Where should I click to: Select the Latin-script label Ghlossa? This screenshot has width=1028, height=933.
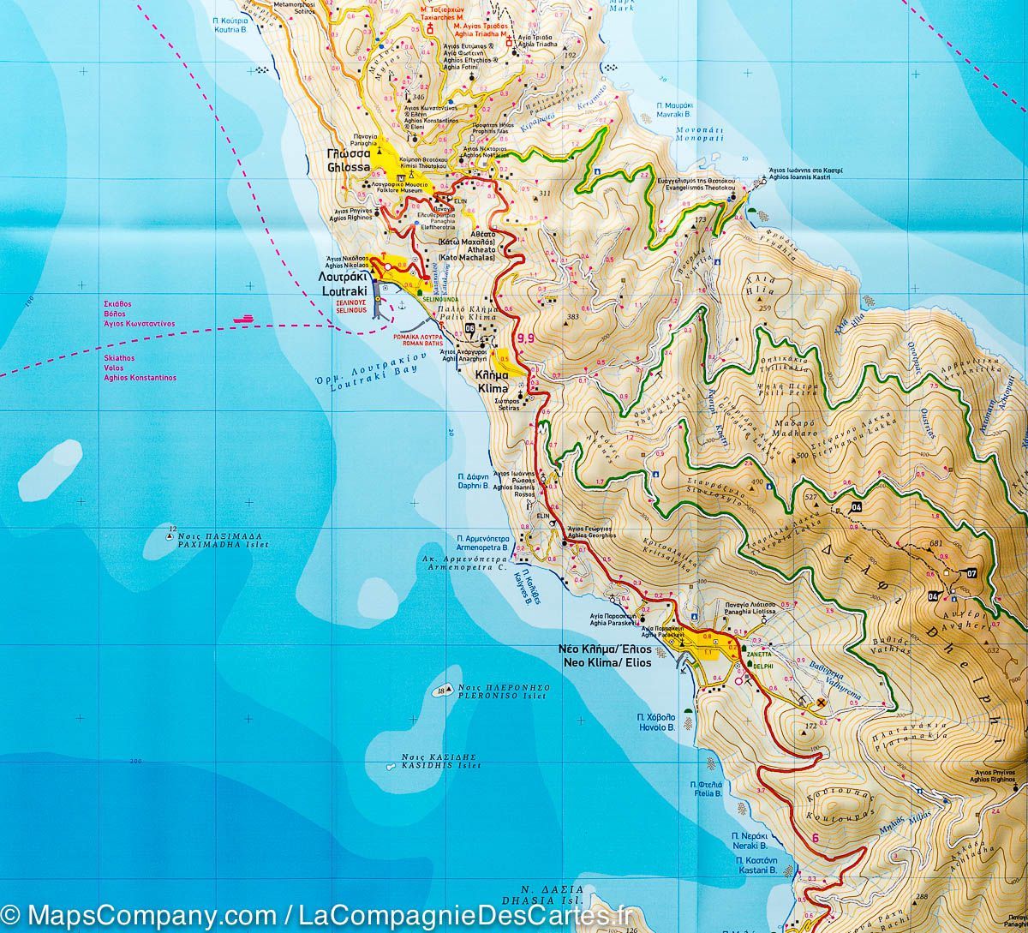pyautogui.click(x=348, y=168)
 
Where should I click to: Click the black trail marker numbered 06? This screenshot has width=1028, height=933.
pyautogui.click(x=469, y=328)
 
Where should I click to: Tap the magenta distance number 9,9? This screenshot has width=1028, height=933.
pyautogui.click(x=524, y=338)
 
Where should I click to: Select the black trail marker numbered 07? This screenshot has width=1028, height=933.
pyautogui.click(x=970, y=572)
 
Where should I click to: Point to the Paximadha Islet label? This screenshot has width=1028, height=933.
pyautogui.click(x=223, y=544)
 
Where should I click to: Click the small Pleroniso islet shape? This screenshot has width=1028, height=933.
pyautogui.click(x=441, y=691)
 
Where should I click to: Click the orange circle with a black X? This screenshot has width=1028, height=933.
pyautogui.click(x=821, y=703)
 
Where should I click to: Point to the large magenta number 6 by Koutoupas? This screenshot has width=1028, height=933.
pyautogui.click(x=815, y=838)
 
